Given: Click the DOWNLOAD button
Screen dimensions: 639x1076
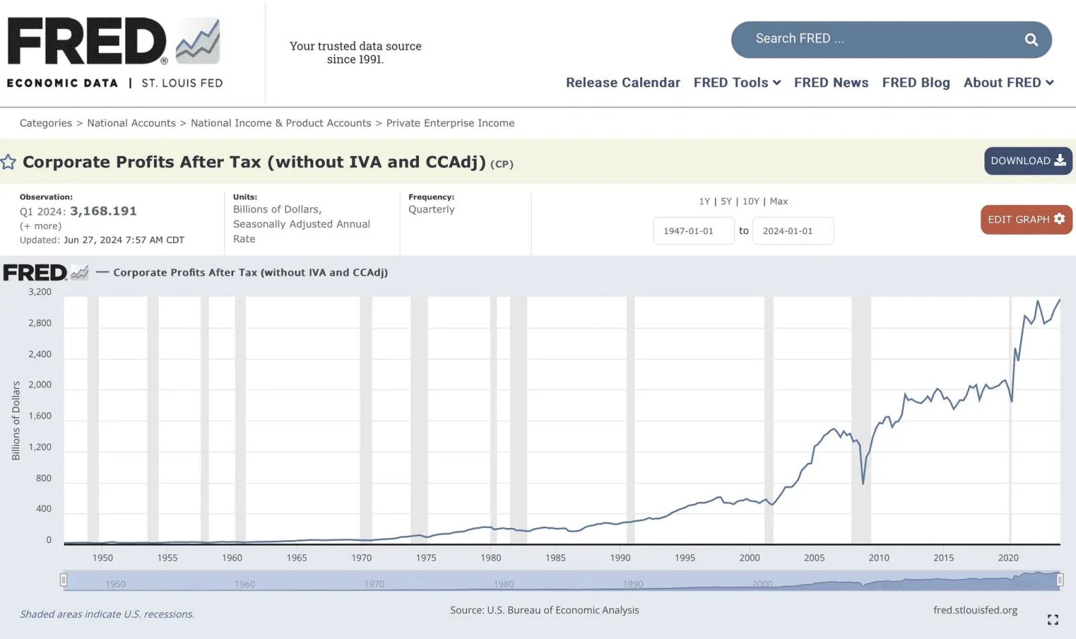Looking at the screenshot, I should coord(1028,161).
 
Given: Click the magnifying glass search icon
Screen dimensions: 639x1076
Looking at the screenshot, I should coord(1031,40).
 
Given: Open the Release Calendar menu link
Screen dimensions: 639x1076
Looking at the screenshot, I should coord(623,83).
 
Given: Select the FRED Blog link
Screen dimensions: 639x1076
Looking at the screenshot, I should coord(916,83).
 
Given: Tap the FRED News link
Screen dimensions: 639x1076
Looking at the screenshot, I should coord(831,83).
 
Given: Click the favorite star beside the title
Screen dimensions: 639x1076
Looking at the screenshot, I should coord(9,162).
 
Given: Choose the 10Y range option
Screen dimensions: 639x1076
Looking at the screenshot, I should coord(751,201).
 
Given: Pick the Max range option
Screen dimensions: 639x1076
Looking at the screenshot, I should coord(779,201).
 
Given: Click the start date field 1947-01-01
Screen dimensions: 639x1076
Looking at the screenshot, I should coord(693,231).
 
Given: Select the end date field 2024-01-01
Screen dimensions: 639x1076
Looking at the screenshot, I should coord(792,231).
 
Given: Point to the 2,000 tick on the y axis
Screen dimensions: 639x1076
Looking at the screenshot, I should coord(40,385).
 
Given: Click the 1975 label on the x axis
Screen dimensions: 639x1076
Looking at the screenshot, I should coord(426,558).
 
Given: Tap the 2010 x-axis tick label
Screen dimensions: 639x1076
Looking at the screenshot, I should coord(878,558).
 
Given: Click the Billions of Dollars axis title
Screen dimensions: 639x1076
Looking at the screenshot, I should coord(16,420).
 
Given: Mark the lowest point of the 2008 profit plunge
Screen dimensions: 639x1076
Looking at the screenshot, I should coord(863,483).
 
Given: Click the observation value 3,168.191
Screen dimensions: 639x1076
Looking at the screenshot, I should coord(104,211).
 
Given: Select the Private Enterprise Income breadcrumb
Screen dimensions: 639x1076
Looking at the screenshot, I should coord(450,123).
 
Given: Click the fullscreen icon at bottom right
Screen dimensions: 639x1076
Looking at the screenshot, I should coord(1052,619).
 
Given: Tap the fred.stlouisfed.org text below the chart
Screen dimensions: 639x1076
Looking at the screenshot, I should coord(975,610).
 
